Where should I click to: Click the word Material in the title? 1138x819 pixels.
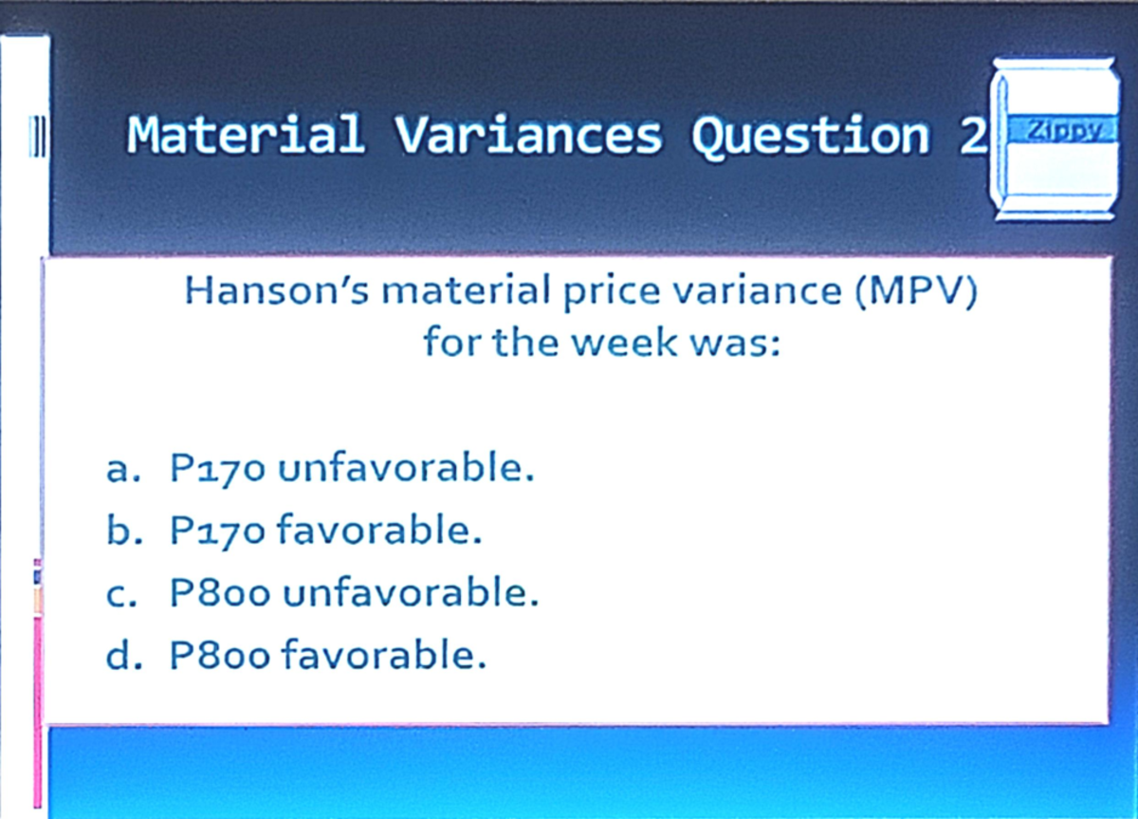(x=246, y=135)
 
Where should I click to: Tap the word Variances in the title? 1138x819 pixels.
(x=527, y=135)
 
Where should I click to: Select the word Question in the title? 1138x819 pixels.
(x=810, y=135)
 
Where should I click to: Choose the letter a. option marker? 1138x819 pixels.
(x=122, y=470)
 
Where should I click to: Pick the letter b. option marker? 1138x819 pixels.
(x=122, y=530)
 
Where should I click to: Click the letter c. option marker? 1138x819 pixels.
(x=122, y=594)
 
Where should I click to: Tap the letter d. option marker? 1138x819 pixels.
(x=122, y=656)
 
